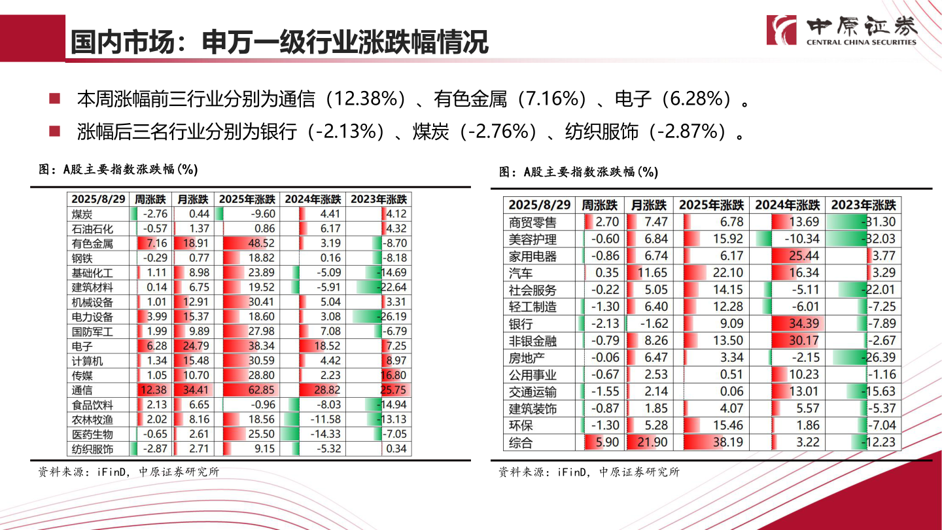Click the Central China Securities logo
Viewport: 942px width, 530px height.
[842, 29]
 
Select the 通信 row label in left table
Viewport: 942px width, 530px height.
[82, 391]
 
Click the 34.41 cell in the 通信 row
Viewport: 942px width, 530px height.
[194, 391]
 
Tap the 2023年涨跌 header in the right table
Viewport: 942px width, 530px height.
[863, 205]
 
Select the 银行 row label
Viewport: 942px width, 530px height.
[521, 324]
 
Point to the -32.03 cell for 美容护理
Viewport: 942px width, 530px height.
[863, 239]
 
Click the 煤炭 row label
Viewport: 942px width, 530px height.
[82, 214]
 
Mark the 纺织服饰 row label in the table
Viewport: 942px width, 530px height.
[92, 450]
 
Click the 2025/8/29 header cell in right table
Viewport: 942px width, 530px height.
[540, 205]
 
